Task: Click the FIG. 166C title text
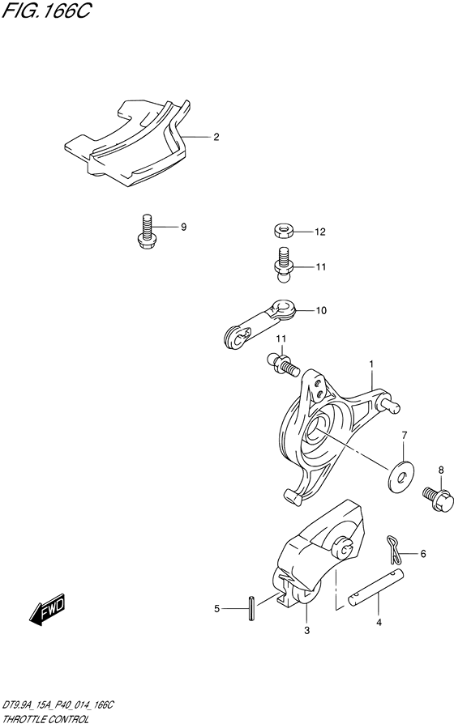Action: [x=45, y=11]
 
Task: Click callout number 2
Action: [x=216, y=137]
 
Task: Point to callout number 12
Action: [x=320, y=232]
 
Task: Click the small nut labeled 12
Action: [x=282, y=231]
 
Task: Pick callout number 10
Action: [x=321, y=311]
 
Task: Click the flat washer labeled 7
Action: [x=403, y=476]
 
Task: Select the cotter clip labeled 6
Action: [x=392, y=549]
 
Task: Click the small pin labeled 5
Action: [x=251, y=607]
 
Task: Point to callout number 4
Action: [x=379, y=623]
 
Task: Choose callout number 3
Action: [x=306, y=630]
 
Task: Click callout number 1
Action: [x=372, y=364]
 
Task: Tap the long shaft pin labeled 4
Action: [x=377, y=586]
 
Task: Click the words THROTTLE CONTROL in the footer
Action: [x=45, y=720]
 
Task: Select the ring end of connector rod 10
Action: [x=282, y=309]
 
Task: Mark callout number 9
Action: [x=183, y=227]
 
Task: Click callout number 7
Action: [x=405, y=435]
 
